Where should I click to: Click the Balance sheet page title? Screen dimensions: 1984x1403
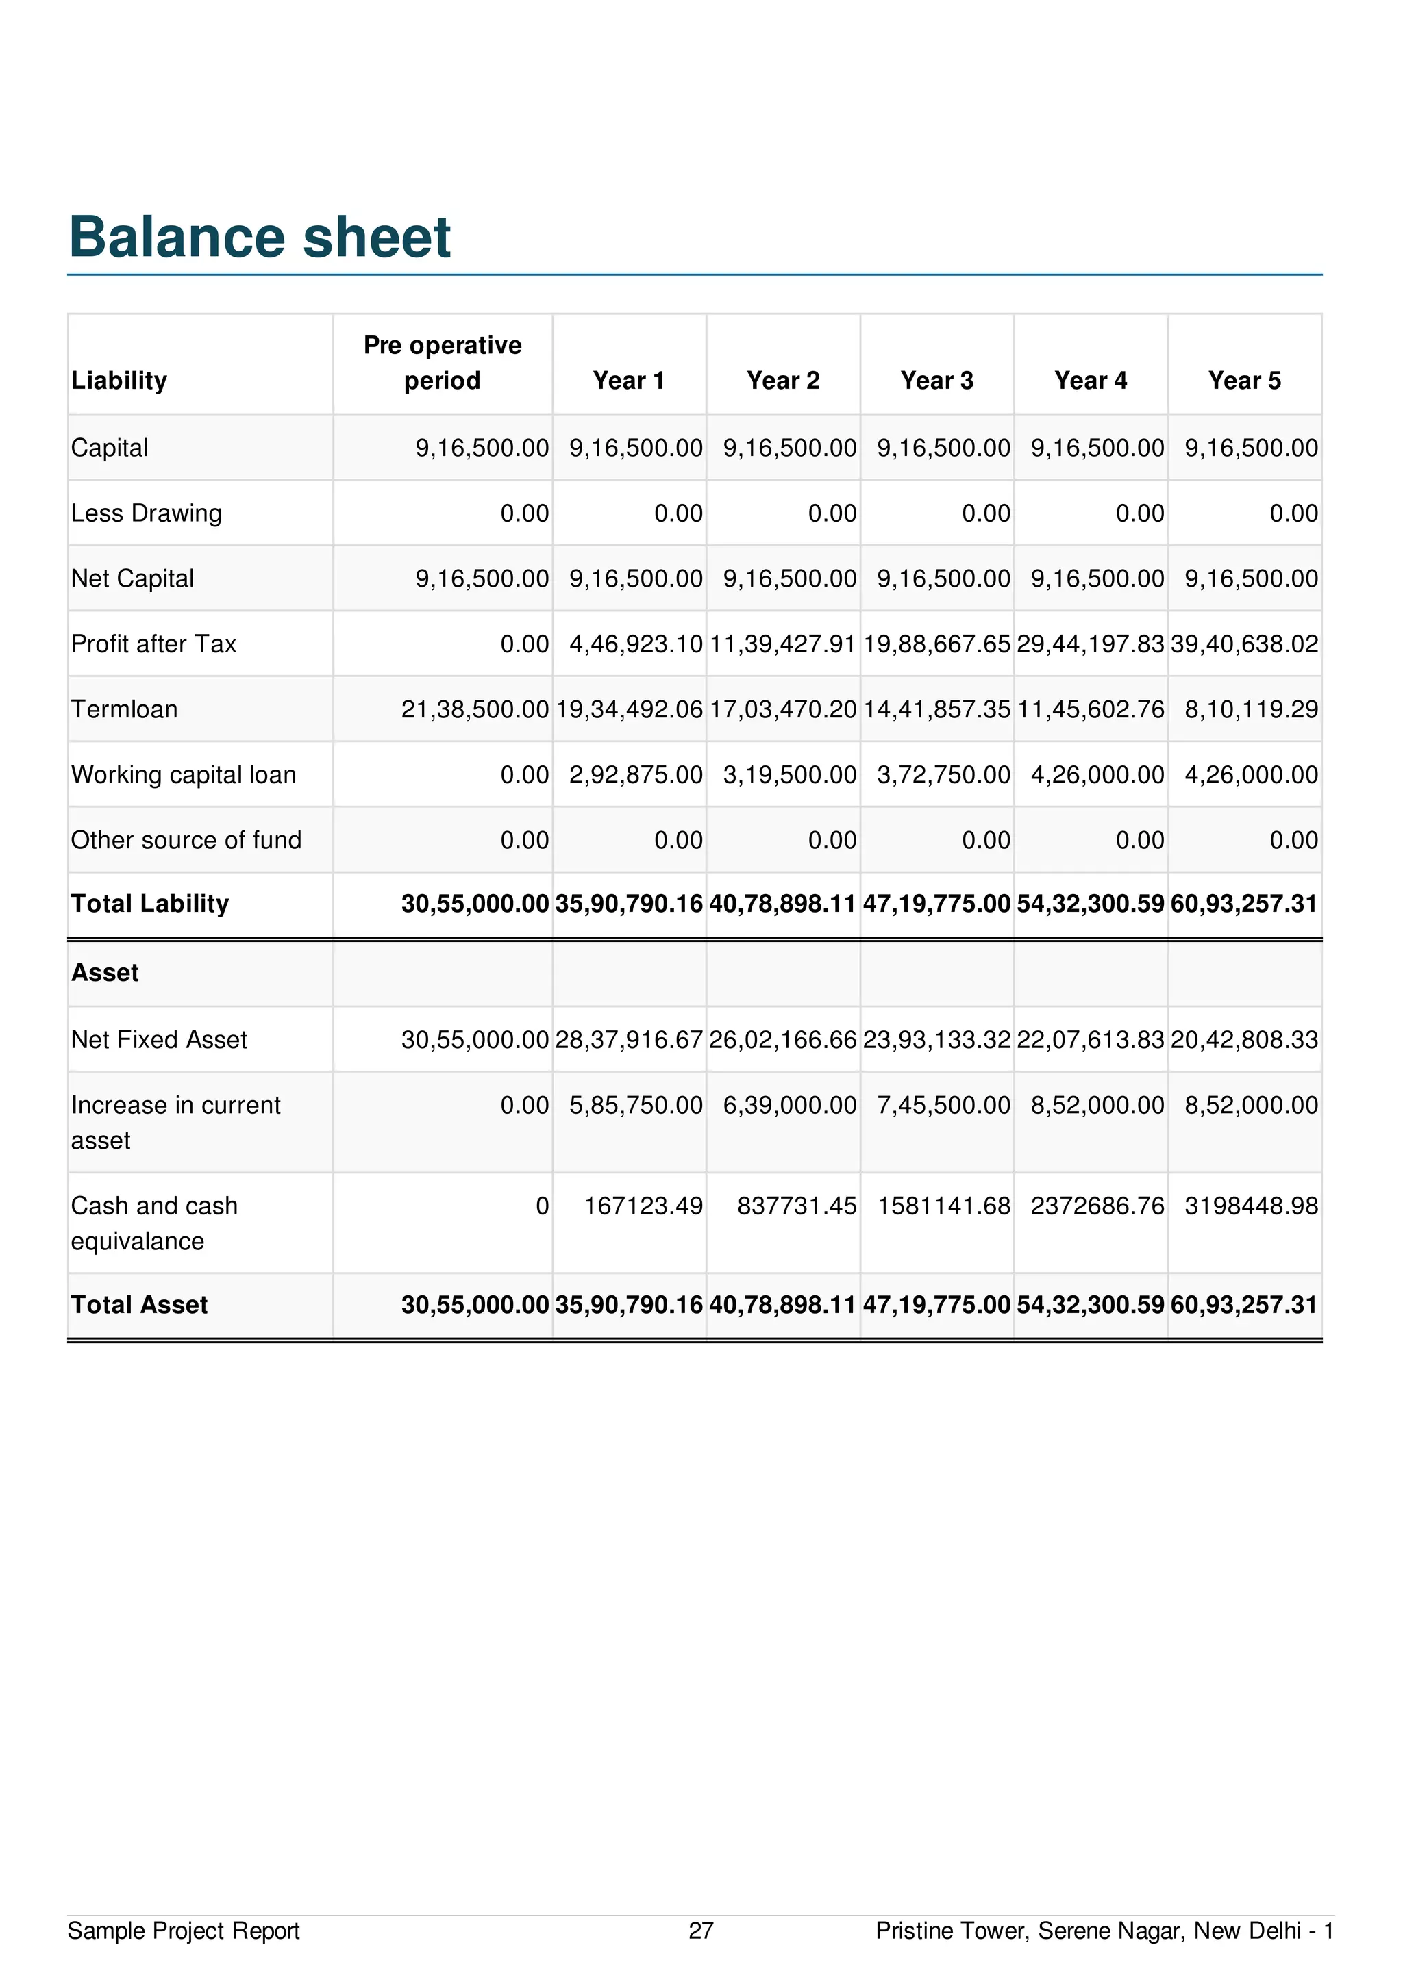(260, 237)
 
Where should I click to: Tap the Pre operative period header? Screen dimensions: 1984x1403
(442, 363)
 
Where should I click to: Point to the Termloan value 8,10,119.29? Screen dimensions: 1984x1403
(1251, 709)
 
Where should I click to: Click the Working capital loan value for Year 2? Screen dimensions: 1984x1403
(789, 774)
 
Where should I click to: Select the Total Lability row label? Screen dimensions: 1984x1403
(149, 904)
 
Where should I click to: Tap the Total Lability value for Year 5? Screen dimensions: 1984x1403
(1244, 904)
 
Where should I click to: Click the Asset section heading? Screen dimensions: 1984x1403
(105, 973)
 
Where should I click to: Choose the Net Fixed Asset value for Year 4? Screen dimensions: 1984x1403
(1090, 1039)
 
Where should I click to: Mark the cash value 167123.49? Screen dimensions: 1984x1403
(643, 1206)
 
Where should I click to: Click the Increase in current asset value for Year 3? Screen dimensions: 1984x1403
(943, 1105)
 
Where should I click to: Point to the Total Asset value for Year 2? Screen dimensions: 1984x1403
(782, 1305)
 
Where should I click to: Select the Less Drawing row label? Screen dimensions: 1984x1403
(146, 513)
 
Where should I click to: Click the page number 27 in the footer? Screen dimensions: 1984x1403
(701, 1931)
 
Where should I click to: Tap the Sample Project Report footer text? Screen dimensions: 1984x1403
(184, 1931)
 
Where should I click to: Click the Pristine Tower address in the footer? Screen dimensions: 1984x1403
(1104, 1931)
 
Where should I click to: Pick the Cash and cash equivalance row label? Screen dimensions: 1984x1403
(154, 1223)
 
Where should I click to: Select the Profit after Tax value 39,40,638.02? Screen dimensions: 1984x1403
(1244, 644)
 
